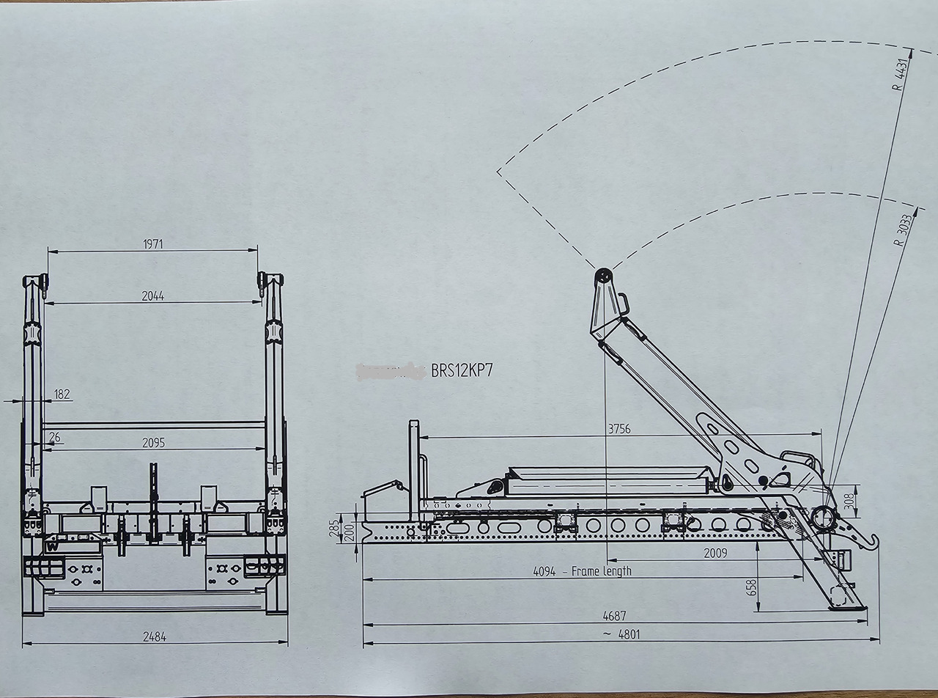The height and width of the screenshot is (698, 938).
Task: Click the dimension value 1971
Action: [x=152, y=244]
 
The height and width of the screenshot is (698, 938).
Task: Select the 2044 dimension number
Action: [x=152, y=296]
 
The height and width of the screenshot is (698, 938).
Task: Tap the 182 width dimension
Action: [x=62, y=394]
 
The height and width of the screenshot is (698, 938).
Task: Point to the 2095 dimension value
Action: [x=153, y=443]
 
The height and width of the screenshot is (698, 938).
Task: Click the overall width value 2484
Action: [x=153, y=637]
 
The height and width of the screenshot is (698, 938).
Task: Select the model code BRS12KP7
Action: [x=462, y=370]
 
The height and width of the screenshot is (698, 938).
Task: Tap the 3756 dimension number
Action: [x=618, y=430]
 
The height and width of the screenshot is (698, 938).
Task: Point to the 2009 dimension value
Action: [x=715, y=553]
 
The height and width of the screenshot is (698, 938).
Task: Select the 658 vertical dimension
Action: [x=751, y=587]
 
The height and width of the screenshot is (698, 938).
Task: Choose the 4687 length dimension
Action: [x=614, y=617]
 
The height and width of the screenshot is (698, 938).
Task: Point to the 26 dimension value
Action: [x=54, y=438]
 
